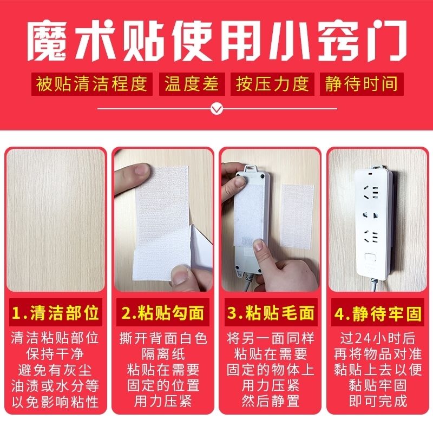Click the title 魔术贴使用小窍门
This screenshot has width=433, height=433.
(217, 42)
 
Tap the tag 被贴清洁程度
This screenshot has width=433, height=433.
(91, 84)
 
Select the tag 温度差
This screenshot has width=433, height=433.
(192, 84)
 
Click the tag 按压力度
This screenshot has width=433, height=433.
(272, 84)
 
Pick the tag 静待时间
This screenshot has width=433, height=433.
(362, 84)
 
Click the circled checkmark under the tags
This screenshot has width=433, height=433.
(217, 109)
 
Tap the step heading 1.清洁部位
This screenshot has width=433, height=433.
(56, 313)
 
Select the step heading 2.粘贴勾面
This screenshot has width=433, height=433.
(163, 313)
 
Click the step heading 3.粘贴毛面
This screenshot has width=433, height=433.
(271, 313)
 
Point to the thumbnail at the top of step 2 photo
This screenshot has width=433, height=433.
(143, 169)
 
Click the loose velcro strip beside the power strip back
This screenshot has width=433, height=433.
(297, 215)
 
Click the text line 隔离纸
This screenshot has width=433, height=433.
(163, 354)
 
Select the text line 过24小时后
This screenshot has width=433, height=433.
(378, 338)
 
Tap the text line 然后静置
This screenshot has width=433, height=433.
(271, 401)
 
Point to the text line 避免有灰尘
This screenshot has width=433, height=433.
(55, 370)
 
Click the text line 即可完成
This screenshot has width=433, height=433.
(378, 401)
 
